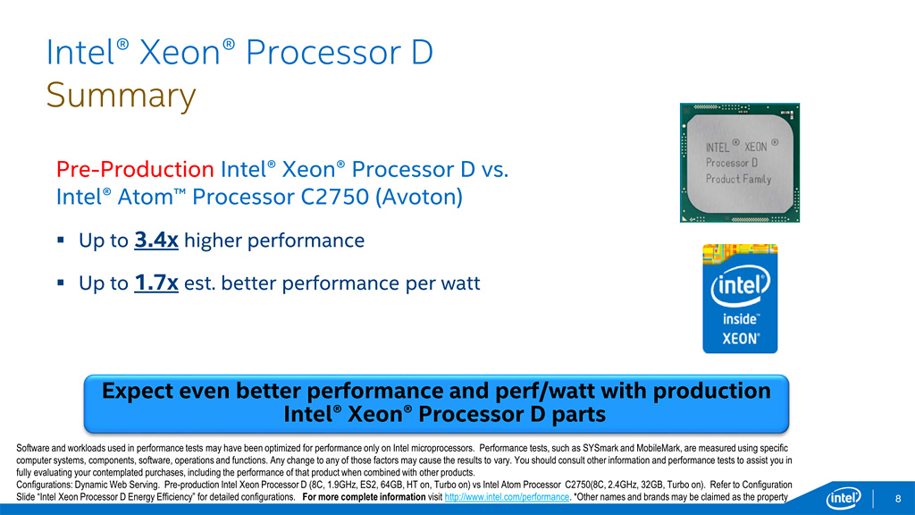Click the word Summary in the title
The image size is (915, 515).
pyautogui.click(x=121, y=96)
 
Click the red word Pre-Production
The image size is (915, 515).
pyautogui.click(x=135, y=169)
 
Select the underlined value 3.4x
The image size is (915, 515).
pyautogui.click(x=155, y=240)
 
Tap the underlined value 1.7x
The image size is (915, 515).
pyautogui.click(x=155, y=283)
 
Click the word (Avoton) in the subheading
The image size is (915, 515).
pyautogui.click(x=418, y=197)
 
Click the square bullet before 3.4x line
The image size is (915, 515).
pyautogui.click(x=61, y=240)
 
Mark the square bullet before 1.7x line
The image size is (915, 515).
pyautogui.click(x=61, y=283)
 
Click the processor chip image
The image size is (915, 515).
pyautogui.click(x=739, y=163)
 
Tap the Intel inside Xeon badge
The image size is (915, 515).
pyautogui.click(x=740, y=299)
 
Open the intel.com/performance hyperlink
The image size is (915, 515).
pyautogui.click(x=507, y=497)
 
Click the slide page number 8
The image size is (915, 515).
pyautogui.click(x=898, y=499)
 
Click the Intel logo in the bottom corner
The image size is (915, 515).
pyautogui.click(x=844, y=498)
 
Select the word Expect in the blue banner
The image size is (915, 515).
pyautogui.click(x=137, y=391)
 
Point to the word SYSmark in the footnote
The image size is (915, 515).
pyautogui.click(x=600, y=449)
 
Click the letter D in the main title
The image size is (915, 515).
pyautogui.click(x=422, y=53)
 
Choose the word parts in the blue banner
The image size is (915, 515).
pyautogui.click(x=578, y=415)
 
